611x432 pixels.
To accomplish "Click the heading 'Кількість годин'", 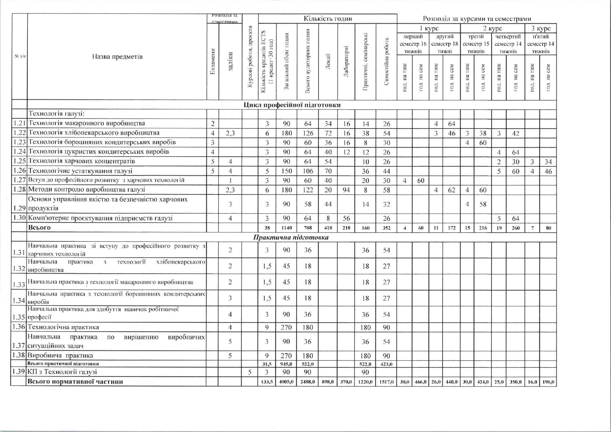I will pyautogui.click(x=328, y=19).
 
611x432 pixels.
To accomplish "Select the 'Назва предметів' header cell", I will pyautogui.click(x=117, y=57).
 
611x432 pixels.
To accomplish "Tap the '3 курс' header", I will pyautogui.click(x=541, y=28).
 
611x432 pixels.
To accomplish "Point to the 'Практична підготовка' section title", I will pyautogui.click(x=291, y=238).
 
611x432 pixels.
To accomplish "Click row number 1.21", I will pyautogui.click(x=19, y=123).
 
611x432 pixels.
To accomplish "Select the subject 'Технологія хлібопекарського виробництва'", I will pyautogui.click(x=94, y=133).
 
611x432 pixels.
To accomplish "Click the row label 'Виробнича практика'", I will pyautogui.click(x=60, y=356).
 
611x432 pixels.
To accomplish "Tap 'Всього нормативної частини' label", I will pyautogui.click(x=75, y=382).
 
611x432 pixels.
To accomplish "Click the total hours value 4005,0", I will pyautogui.click(x=286, y=382).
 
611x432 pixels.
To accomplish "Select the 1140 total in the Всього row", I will pyautogui.click(x=287, y=228).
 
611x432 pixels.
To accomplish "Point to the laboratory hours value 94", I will pyautogui.click(x=346, y=190).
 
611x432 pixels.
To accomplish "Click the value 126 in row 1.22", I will pyautogui.click(x=308, y=133).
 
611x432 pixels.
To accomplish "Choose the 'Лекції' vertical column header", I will pyautogui.click(x=328, y=62).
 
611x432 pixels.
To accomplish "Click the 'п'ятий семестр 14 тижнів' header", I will pyautogui.click(x=540, y=44).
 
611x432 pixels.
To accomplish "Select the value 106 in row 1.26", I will pyautogui.click(x=308, y=171).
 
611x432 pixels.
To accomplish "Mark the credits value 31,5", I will pyautogui.click(x=267, y=364).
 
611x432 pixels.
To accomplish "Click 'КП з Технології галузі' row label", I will pyautogui.click(x=63, y=372).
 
